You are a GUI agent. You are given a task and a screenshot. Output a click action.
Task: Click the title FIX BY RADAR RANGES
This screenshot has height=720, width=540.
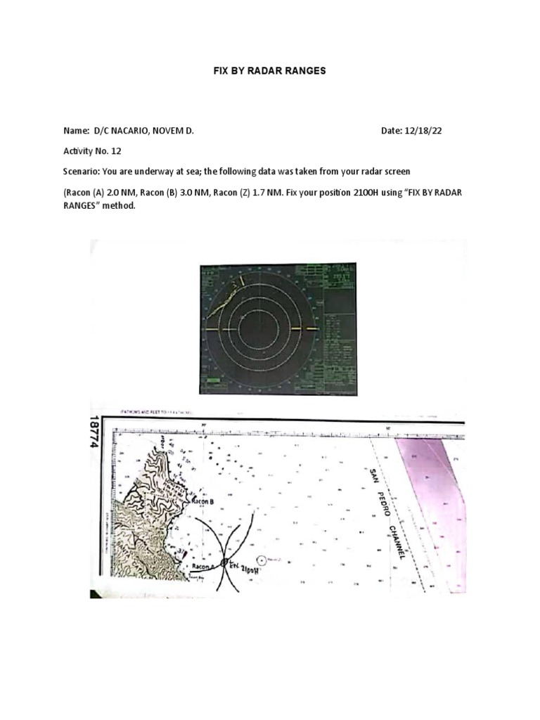point(270,72)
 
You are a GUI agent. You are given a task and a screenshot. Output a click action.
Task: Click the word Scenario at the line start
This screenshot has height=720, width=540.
point(82,171)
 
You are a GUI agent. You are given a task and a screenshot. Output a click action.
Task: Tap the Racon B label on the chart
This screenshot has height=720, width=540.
point(203,502)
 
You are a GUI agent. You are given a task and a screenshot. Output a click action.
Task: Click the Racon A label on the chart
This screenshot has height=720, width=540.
point(202,565)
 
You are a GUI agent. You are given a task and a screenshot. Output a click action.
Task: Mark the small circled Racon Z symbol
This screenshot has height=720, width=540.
point(263,560)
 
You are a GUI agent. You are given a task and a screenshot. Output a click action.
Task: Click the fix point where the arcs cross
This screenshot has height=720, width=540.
point(225,563)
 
